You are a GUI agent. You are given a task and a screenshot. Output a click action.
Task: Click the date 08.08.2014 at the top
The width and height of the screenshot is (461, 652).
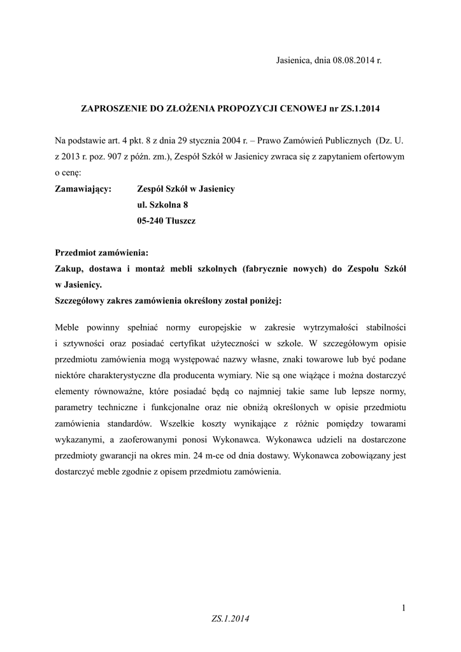tap(353, 60)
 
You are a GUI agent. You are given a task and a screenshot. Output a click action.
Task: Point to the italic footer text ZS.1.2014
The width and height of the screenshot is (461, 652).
tap(231, 618)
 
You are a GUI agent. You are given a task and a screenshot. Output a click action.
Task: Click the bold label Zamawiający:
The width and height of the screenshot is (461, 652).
tap(83, 189)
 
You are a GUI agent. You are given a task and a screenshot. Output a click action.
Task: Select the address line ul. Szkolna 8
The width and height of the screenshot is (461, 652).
tap(163, 205)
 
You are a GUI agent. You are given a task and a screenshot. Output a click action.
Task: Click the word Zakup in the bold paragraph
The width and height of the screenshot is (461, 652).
tap(69, 269)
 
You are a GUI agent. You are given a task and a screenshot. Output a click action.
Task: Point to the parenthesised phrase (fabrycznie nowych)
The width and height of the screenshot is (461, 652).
tap(281, 269)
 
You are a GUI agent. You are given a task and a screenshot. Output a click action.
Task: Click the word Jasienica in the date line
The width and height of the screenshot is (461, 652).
tap(293, 60)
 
